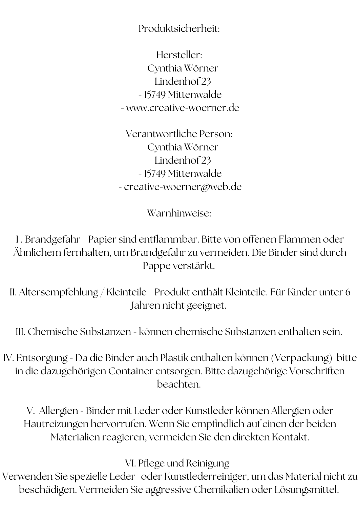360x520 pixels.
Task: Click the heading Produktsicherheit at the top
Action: [x=179, y=29]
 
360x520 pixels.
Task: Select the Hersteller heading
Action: [x=179, y=55]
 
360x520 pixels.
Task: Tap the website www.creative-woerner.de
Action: [x=183, y=108]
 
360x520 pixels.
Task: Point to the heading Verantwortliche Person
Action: [x=179, y=134]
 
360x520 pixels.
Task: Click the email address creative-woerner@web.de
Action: [x=183, y=187]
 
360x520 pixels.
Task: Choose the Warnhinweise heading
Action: [x=179, y=213]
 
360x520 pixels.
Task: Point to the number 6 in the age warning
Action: [x=347, y=292]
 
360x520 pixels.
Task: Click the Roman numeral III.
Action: [x=21, y=332]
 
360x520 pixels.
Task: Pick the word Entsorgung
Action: [x=42, y=358]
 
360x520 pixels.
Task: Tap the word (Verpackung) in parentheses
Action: [x=301, y=358]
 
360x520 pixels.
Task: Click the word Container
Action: [x=130, y=371]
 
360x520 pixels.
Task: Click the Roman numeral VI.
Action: [x=130, y=463]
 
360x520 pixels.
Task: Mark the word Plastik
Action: [x=174, y=358]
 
